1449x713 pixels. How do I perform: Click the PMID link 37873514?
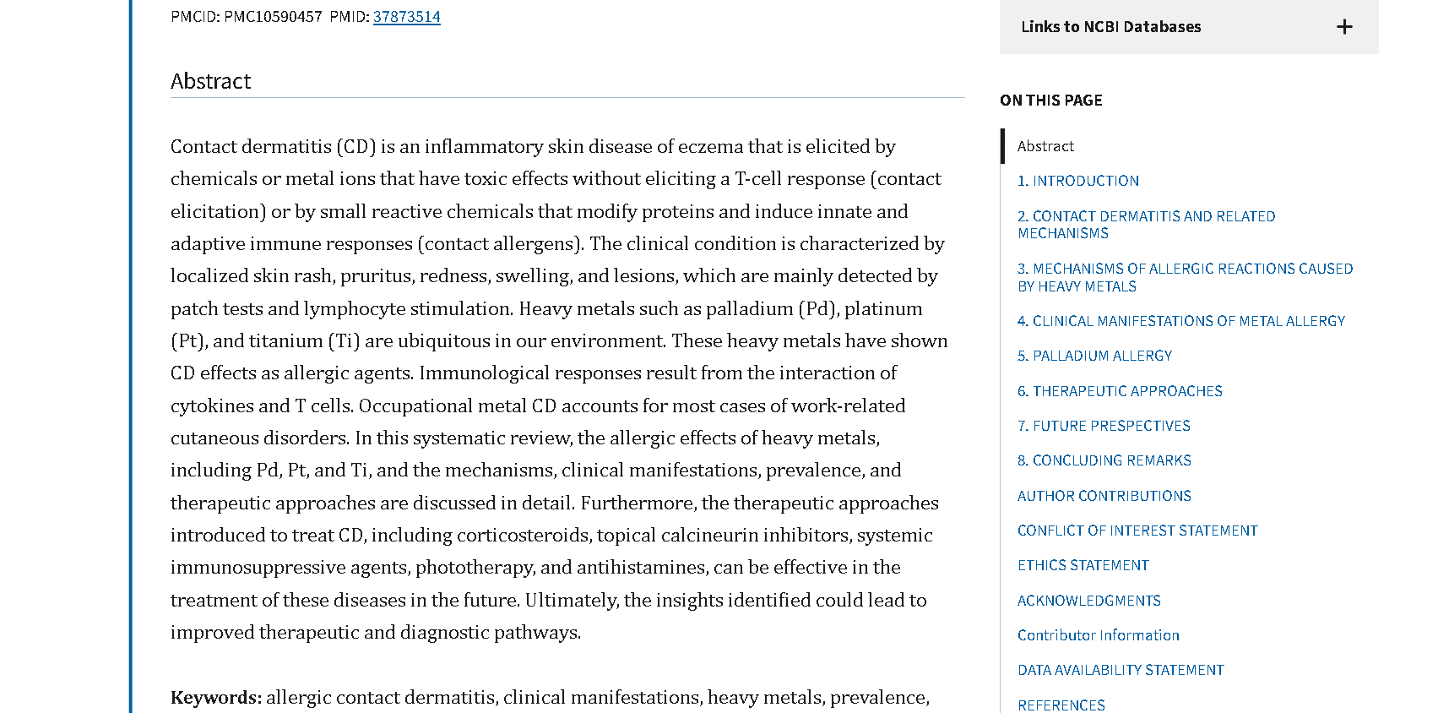click(406, 17)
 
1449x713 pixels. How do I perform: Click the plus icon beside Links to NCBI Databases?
click(1344, 27)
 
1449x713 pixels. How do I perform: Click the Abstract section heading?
click(211, 81)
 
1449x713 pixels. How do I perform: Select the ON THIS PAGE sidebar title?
click(1050, 101)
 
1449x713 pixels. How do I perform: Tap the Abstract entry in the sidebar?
click(1045, 146)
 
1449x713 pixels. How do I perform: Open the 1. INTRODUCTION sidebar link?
click(1077, 181)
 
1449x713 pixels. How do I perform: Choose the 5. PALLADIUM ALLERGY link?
click(1094, 356)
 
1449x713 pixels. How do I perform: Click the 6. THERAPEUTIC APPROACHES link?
click(1120, 391)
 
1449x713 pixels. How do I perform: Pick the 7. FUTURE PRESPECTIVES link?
click(1104, 426)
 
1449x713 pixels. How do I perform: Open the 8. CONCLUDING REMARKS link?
click(1104, 460)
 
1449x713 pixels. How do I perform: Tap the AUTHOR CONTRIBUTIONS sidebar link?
click(1104, 496)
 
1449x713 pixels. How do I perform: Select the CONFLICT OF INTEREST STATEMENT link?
click(1137, 531)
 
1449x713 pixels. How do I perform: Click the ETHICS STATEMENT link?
click(1083, 565)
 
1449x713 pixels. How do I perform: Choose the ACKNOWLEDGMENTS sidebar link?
click(1088, 601)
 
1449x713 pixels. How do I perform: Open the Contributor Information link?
click(1098, 635)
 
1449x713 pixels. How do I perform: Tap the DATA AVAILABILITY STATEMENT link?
click(1121, 670)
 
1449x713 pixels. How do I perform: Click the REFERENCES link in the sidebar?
click(1061, 705)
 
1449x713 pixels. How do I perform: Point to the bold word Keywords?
click(215, 698)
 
